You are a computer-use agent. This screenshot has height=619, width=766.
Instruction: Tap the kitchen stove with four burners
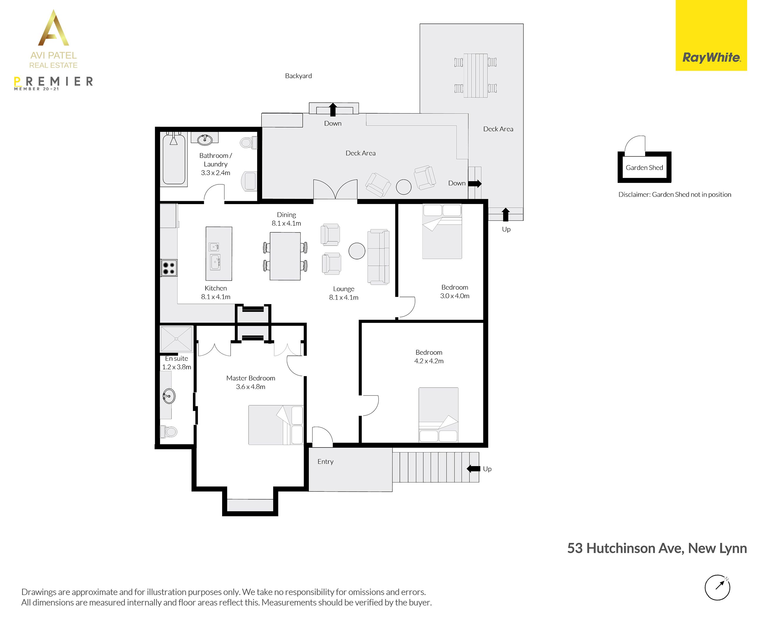pyautogui.click(x=169, y=268)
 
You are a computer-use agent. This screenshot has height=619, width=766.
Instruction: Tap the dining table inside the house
pyautogui.click(x=285, y=256)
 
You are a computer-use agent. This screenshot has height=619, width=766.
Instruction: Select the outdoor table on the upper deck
pyautogui.click(x=476, y=75)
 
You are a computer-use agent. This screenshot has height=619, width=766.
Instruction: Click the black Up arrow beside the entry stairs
pyautogui.click(x=474, y=468)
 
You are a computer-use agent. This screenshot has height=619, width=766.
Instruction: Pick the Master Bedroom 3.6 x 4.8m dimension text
pyautogui.click(x=251, y=386)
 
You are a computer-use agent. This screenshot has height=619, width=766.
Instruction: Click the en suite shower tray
pyautogui.click(x=176, y=339)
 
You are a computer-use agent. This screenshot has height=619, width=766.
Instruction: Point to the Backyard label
pyautogui.click(x=299, y=76)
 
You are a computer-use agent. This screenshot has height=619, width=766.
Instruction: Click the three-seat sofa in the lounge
pyautogui.click(x=378, y=257)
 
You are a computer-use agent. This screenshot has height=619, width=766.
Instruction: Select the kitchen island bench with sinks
pyautogui.click(x=219, y=253)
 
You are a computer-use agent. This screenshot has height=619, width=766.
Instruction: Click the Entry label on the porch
pyautogui.click(x=325, y=461)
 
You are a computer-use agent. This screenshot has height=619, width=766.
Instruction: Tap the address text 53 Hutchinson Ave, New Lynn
pyautogui.click(x=657, y=548)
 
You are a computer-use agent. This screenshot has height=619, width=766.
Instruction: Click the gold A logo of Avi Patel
pyautogui.click(x=54, y=28)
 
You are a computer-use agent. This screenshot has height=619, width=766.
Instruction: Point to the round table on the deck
pyautogui.click(x=404, y=187)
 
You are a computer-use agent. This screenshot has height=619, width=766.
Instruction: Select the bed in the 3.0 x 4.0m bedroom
pyautogui.click(x=442, y=231)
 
